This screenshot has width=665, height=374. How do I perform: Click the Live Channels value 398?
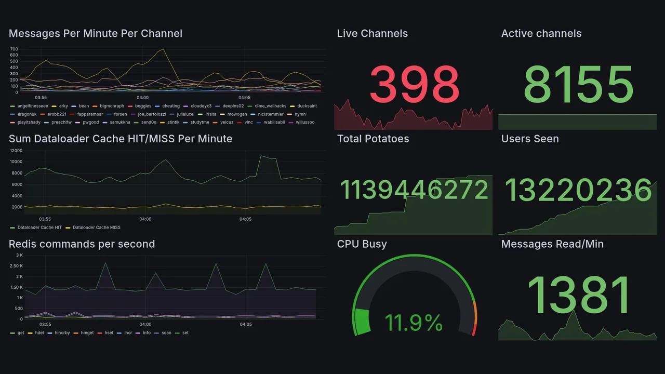[414, 84]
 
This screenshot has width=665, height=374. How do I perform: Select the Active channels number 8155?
[578, 84]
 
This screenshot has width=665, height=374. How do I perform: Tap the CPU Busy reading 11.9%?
[414, 323]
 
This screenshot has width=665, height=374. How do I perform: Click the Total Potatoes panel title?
[373, 139]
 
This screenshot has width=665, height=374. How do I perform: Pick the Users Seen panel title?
[529, 139]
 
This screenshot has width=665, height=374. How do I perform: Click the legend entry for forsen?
[120, 114]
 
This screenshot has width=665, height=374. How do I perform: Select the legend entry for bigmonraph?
[112, 106]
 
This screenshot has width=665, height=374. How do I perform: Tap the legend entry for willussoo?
[305, 123]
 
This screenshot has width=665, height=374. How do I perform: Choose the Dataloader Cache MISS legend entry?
[95, 228]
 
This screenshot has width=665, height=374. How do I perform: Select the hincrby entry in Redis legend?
[62, 333]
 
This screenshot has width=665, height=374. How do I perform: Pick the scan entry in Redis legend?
[166, 333]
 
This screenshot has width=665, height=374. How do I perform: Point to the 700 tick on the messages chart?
[14, 49]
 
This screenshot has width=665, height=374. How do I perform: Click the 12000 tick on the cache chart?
[16, 151]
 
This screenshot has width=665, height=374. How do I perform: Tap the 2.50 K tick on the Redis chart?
[16, 266]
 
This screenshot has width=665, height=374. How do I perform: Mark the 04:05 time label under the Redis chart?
[246, 325]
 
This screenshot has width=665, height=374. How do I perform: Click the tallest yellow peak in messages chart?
[163, 49]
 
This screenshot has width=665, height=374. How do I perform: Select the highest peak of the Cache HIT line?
[261, 156]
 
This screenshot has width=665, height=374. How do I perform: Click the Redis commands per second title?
[82, 244]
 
